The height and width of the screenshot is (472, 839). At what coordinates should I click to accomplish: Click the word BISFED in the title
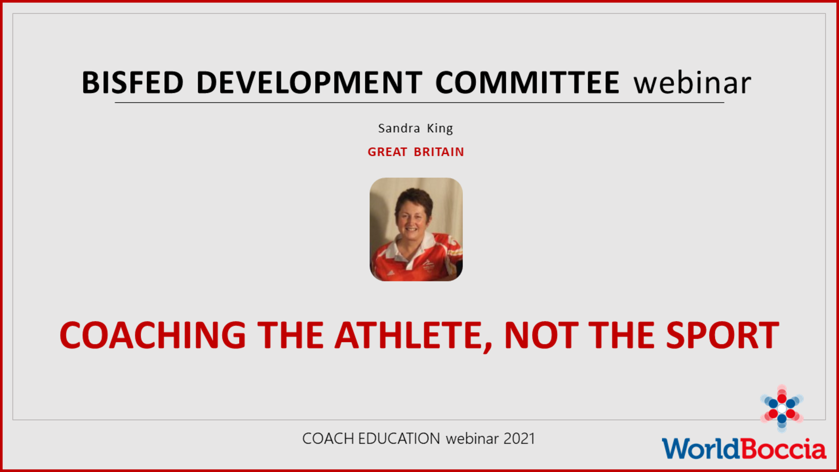(132, 83)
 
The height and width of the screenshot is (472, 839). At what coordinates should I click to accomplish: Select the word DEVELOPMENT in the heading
(309, 83)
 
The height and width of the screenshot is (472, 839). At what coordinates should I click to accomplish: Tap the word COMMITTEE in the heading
(527, 83)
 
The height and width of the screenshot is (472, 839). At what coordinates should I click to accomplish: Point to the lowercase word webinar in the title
(692, 83)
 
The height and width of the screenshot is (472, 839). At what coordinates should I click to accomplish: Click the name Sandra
(399, 128)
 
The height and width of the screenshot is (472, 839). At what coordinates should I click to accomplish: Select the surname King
(440, 128)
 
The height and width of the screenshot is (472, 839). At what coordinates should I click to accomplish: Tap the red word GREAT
(387, 152)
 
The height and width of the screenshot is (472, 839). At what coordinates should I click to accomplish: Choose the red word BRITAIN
(439, 152)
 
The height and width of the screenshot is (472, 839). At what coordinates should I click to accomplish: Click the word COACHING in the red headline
(153, 335)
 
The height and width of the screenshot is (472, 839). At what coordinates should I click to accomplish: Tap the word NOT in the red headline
(541, 335)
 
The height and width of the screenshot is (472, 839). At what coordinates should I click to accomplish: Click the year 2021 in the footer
(519, 438)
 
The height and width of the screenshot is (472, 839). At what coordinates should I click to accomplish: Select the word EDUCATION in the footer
(399, 438)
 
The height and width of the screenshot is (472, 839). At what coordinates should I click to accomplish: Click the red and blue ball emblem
(782, 408)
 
